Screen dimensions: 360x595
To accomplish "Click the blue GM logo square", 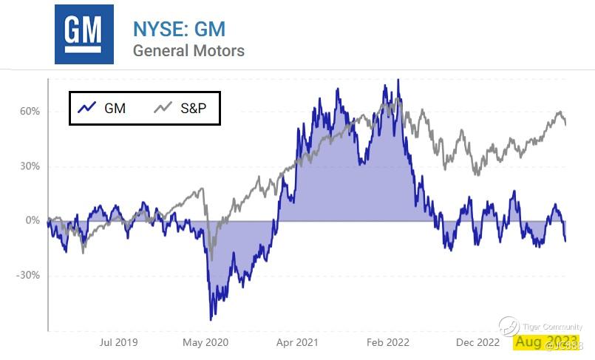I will click(84, 34).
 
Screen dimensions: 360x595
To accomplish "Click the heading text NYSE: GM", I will click(179, 29).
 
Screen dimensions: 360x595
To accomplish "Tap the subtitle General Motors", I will click(188, 51).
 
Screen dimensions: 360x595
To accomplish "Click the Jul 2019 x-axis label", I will click(118, 342).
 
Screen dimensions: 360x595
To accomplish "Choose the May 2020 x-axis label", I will click(205, 342).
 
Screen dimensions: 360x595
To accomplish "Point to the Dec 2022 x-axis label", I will click(477, 342).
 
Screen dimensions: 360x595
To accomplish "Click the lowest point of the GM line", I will click(211, 319).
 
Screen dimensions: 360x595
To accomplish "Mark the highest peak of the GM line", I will click(398, 80).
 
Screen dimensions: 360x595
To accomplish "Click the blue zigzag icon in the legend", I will click(86, 108).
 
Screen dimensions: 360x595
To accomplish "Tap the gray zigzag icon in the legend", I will click(163, 108).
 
